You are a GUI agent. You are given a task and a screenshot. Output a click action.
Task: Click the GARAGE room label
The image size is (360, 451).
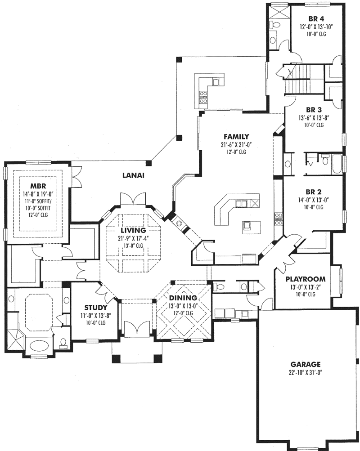305,364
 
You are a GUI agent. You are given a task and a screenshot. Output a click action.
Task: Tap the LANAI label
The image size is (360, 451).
134,176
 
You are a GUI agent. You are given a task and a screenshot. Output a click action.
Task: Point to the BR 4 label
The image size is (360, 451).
317,19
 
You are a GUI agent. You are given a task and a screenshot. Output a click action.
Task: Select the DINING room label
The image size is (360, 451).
183,298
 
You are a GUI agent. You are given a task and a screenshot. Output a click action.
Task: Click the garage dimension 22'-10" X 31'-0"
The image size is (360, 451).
305,372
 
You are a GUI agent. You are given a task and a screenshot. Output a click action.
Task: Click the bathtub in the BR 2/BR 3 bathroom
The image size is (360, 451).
336,164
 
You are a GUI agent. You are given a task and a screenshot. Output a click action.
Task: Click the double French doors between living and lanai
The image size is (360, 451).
133,198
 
